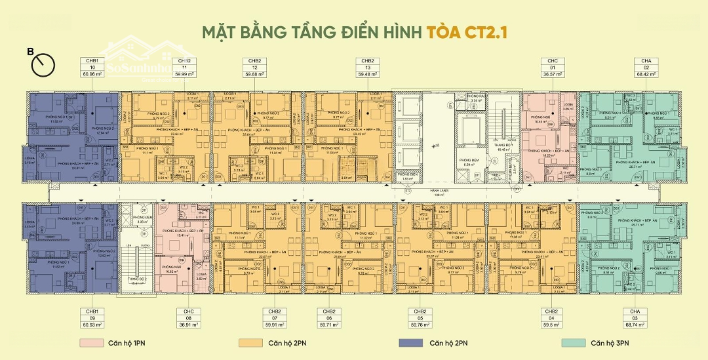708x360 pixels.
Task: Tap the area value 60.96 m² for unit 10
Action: [92, 74]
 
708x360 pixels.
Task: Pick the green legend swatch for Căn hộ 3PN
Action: [570, 343]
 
